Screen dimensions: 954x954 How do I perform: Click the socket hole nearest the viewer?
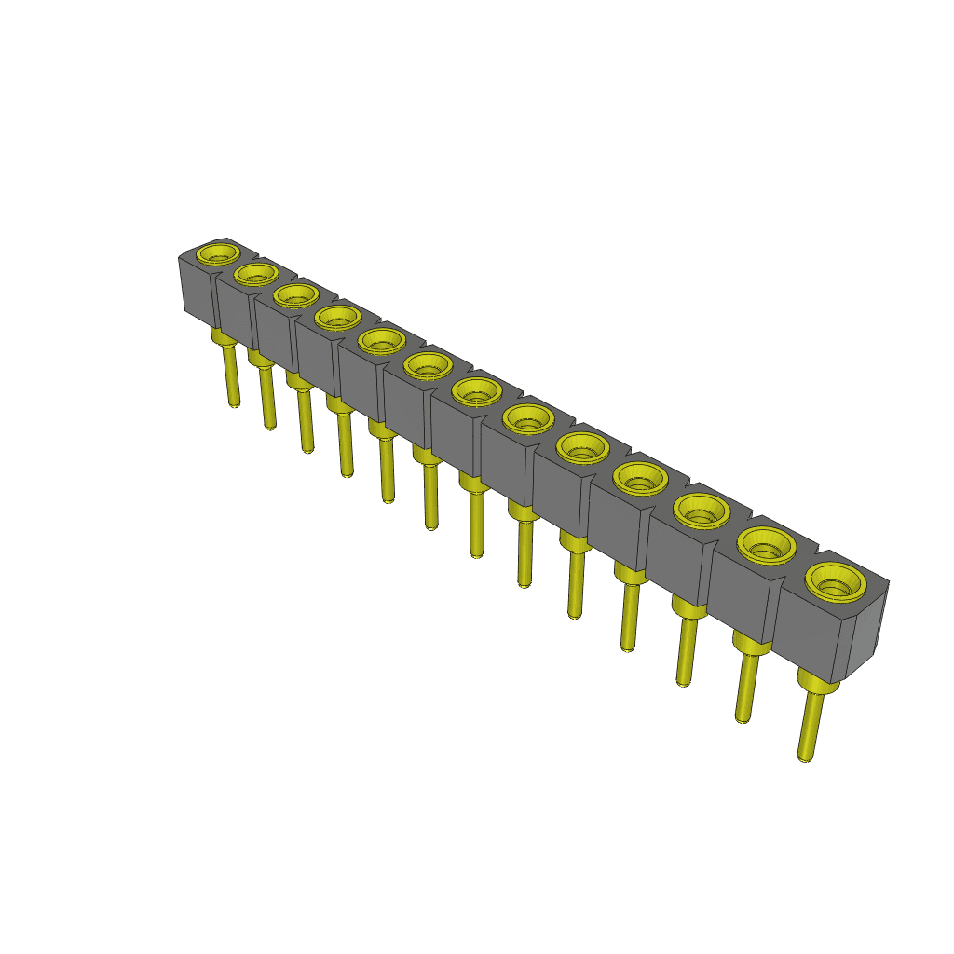coord(836,583)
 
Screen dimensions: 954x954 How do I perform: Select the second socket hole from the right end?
coord(767,544)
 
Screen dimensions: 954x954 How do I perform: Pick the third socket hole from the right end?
coord(702,511)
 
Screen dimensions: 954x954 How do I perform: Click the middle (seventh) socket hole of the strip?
coord(477,392)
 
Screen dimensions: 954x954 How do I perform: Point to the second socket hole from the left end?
coord(256,273)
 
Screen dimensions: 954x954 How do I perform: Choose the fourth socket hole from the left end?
coord(337,318)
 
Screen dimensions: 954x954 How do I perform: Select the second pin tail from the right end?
coord(745,685)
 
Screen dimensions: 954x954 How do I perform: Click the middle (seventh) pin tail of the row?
coord(476,522)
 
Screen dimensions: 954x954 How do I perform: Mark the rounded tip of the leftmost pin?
coord(233,403)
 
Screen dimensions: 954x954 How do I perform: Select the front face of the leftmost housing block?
coord(196,289)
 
